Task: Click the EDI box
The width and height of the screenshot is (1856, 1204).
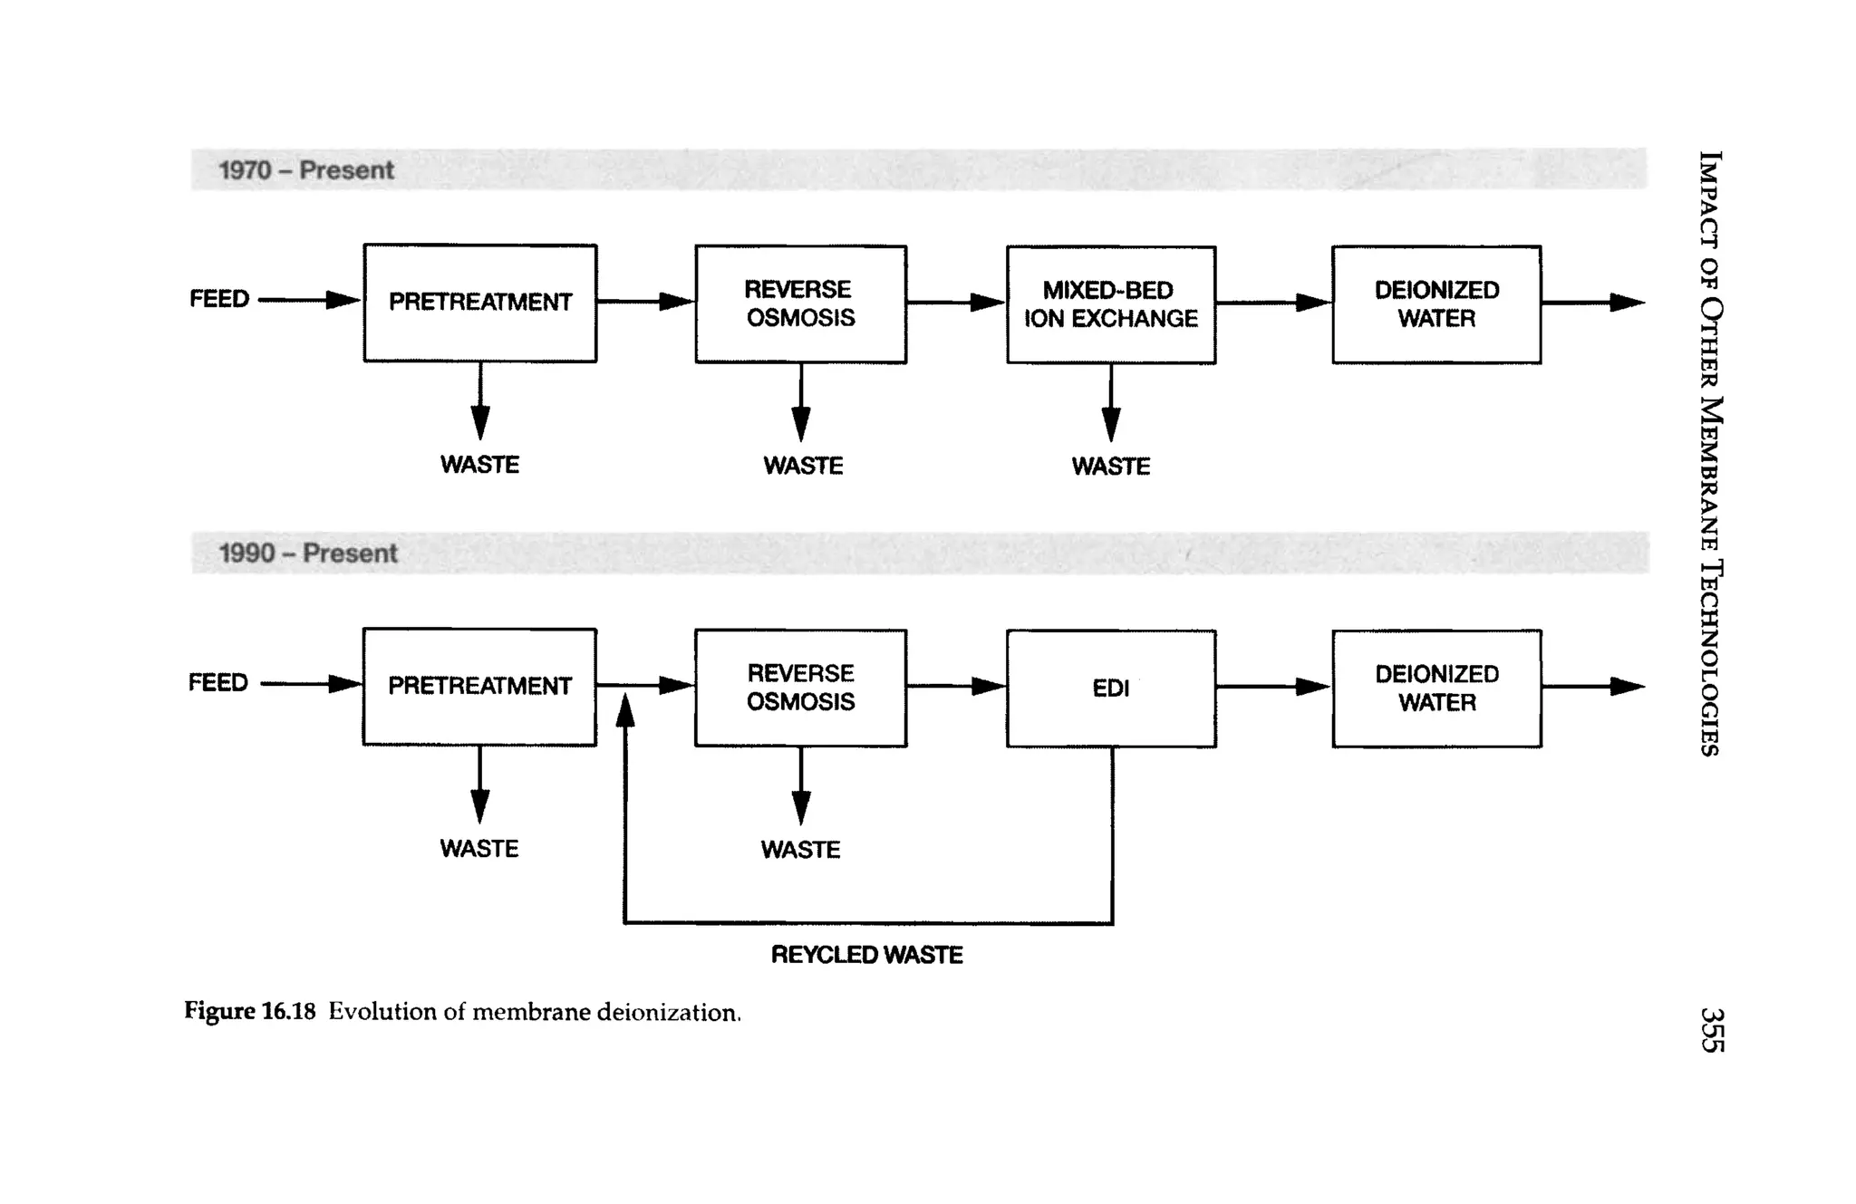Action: [x=1110, y=689]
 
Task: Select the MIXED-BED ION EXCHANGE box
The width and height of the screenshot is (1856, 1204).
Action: [x=1110, y=304]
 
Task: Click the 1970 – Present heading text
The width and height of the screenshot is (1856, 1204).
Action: [x=306, y=170]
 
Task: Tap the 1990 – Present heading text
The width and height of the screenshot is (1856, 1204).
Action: [x=308, y=554]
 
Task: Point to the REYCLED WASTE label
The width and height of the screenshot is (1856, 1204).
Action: [x=866, y=955]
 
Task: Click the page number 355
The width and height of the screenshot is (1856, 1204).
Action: [x=1711, y=1030]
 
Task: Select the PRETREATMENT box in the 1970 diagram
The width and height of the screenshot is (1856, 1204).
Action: [x=480, y=303]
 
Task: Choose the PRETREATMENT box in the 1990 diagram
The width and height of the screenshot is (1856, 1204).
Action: [x=479, y=687]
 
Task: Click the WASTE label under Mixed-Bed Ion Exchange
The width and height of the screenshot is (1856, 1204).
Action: [x=1110, y=467]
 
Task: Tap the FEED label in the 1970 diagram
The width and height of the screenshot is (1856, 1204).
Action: [x=219, y=299]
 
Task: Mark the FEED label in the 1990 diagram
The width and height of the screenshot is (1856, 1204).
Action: [x=218, y=682]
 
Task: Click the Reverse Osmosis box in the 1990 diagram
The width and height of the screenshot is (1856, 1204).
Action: [x=800, y=688]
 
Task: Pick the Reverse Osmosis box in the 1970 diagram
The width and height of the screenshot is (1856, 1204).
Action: [x=800, y=303]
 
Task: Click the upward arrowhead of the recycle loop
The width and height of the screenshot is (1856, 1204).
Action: [x=624, y=712]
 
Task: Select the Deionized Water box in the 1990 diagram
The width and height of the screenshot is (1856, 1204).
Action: [x=1436, y=689]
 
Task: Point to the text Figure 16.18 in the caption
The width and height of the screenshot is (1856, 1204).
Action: [x=249, y=1011]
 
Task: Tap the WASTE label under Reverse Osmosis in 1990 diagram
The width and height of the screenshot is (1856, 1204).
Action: [x=800, y=850]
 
